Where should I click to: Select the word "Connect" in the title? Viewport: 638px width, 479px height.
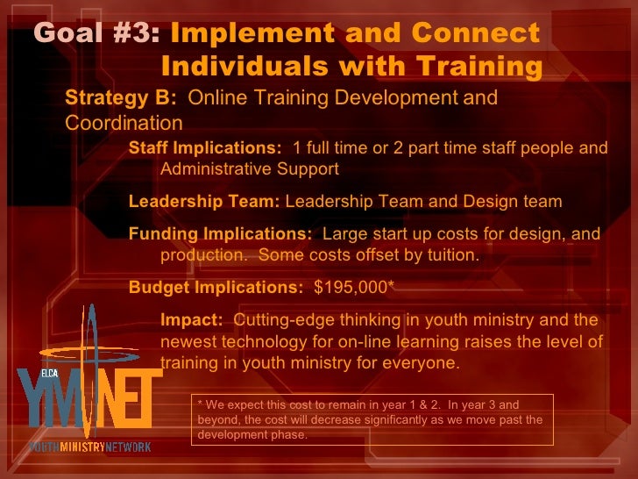[475, 34]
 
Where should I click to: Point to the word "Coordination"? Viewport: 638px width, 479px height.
[124, 122]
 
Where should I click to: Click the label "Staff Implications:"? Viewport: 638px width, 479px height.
[205, 147]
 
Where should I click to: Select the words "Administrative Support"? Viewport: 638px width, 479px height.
[250, 168]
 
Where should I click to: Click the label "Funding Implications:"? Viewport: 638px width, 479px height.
[220, 234]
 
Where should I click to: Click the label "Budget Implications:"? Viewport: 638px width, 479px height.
[216, 287]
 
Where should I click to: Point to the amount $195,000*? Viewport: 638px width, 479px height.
[354, 287]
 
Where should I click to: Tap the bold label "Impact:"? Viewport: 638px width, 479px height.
[191, 320]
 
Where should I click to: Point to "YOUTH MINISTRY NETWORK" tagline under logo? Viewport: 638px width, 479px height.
[89, 447]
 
